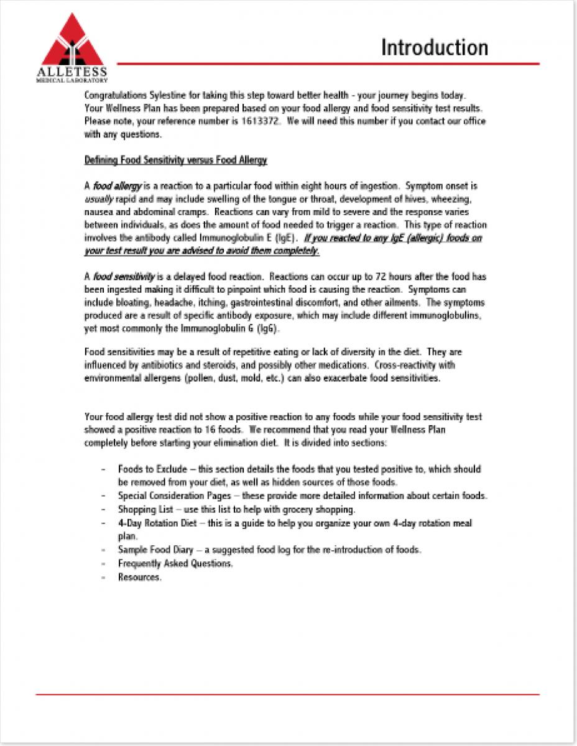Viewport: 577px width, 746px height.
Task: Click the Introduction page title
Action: pyautogui.click(x=435, y=47)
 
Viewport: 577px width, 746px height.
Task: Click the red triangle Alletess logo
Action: pyautogui.click(x=71, y=44)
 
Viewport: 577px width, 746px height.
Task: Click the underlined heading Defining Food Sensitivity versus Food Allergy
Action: pyautogui.click(x=175, y=160)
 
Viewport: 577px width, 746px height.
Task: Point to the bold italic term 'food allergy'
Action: pyautogui.click(x=118, y=186)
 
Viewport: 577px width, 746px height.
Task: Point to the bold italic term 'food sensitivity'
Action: pyautogui.click(x=124, y=277)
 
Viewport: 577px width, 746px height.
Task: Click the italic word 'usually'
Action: pyautogui.click(x=98, y=199)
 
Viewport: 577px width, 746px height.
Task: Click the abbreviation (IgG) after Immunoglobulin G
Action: pyautogui.click(x=265, y=329)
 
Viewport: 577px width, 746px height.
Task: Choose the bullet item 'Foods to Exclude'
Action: pyautogui.click(x=148, y=469)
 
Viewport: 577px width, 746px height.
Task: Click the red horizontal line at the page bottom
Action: pyautogui.click(x=288, y=694)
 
